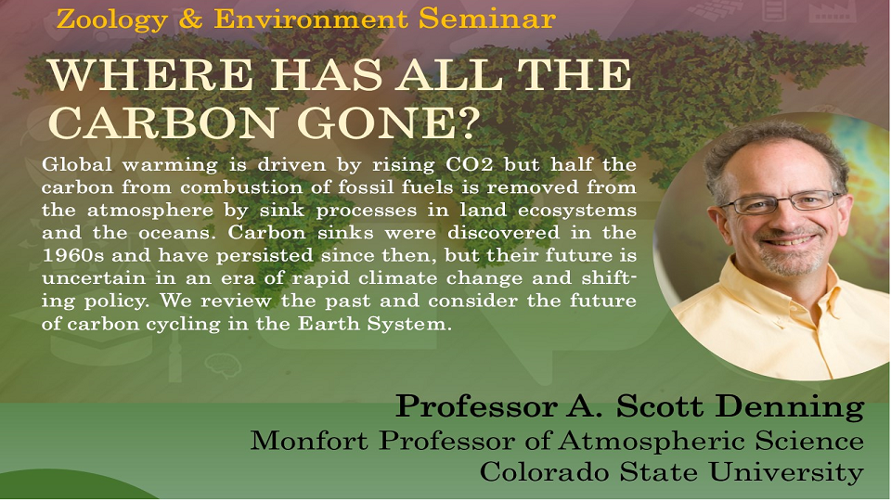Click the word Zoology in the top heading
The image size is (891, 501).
pyautogui.click(x=112, y=20)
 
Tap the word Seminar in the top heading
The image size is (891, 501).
pyautogui.click(x=486, y=19)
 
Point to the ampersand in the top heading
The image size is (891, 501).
pyautogui.click(x=190, y=19)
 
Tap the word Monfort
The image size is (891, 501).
pyautogui.click(x=310, y=440)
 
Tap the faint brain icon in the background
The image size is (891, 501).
pyautogui.click(x=223, y=365)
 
